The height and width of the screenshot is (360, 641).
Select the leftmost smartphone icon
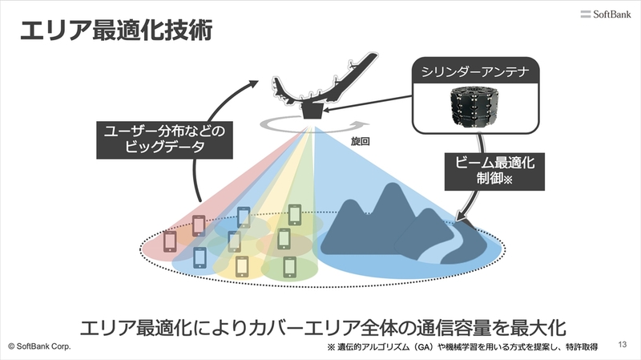tap(169, 241)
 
